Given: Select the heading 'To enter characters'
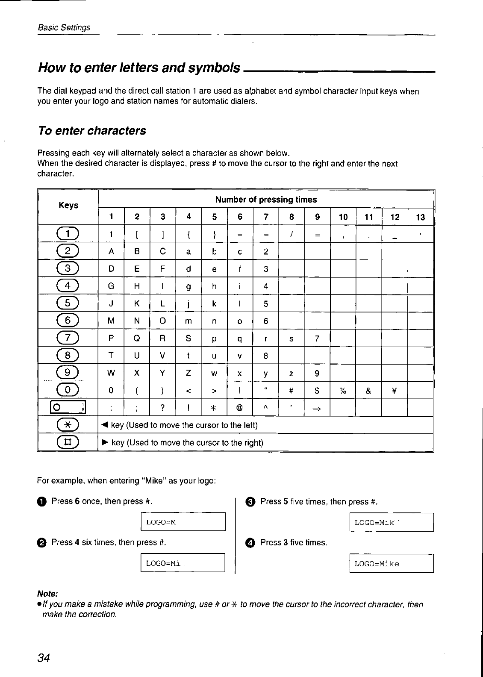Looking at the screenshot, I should point(92,131).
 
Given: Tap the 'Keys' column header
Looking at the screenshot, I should point(68,205).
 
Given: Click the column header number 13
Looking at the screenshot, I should point(421,217).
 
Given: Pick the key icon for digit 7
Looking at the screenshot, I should point(68,338).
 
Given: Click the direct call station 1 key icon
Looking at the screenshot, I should point(68,408).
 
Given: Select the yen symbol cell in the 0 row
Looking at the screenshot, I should point(395,390).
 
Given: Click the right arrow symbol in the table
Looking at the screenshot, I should point(317,408).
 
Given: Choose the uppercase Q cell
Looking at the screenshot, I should point(137,338).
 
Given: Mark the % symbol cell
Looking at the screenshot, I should point(343,390).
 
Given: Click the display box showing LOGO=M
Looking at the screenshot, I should point(183,522).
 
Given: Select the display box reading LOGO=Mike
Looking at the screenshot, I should point(392,563).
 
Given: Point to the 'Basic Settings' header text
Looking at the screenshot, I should point(64,27).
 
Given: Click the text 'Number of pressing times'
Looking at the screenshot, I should point(266,200).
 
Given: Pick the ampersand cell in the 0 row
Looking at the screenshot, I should point(368,390).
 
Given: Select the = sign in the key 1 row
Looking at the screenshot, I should point(317,234).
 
